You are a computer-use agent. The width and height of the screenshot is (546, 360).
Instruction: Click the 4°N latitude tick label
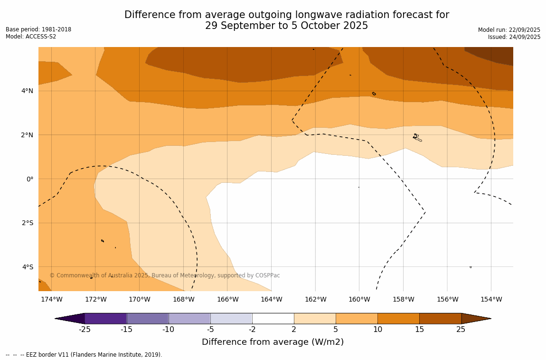pyautogui.click(x=27, y=91)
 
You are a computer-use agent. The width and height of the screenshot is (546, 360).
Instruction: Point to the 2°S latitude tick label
pyautogui.click(x=27, y=223)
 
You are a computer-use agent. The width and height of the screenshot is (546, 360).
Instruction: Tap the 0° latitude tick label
pyautogui.click(x=29, y=179)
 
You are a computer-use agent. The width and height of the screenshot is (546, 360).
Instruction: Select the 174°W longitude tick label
pyautogui.click(x=51, y=299)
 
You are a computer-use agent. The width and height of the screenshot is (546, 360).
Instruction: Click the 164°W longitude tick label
pyautogui.click(x=271, y=299)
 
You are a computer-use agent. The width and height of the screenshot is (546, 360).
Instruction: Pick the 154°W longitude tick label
pyautogui.click(x=491, y=299)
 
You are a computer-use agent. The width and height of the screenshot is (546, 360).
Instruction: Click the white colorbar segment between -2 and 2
pyautogui.click(x=273, y=318)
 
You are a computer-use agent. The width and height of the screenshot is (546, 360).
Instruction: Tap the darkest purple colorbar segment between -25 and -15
pyautogui.click(x=105, y=318)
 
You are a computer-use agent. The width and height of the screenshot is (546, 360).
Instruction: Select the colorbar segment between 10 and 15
pyautogui.click(x=398, y=318)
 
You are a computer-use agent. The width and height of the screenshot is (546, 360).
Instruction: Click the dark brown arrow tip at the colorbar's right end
pyautogui.click(x=475, y=318)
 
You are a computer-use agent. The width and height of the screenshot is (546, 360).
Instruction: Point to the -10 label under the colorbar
pyautogui.click(x=168, y=329)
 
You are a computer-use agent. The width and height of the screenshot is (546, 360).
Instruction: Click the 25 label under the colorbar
pyautogui.click(x=461, y=329)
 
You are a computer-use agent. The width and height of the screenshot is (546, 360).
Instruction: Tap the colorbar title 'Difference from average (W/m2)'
pyautogui.click(x=273, y=342)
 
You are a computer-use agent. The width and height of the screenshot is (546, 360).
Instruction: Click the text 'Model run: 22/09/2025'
pyautogui.click(x=509, y=30)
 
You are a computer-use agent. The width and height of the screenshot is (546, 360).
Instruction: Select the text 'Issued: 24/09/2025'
pyautogui.click(x=514, y=37)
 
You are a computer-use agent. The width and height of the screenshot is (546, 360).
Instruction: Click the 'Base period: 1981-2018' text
pyautogui.click(x=38, y=29)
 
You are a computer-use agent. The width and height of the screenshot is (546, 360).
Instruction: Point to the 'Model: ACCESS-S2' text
pyautogui.click(x=31, y=37)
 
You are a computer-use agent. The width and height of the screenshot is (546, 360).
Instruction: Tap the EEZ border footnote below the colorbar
pyautogui.click(x=84, y=355)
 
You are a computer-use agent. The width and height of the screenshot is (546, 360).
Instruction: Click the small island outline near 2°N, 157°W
pyautogui.click(x=416, y=137)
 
